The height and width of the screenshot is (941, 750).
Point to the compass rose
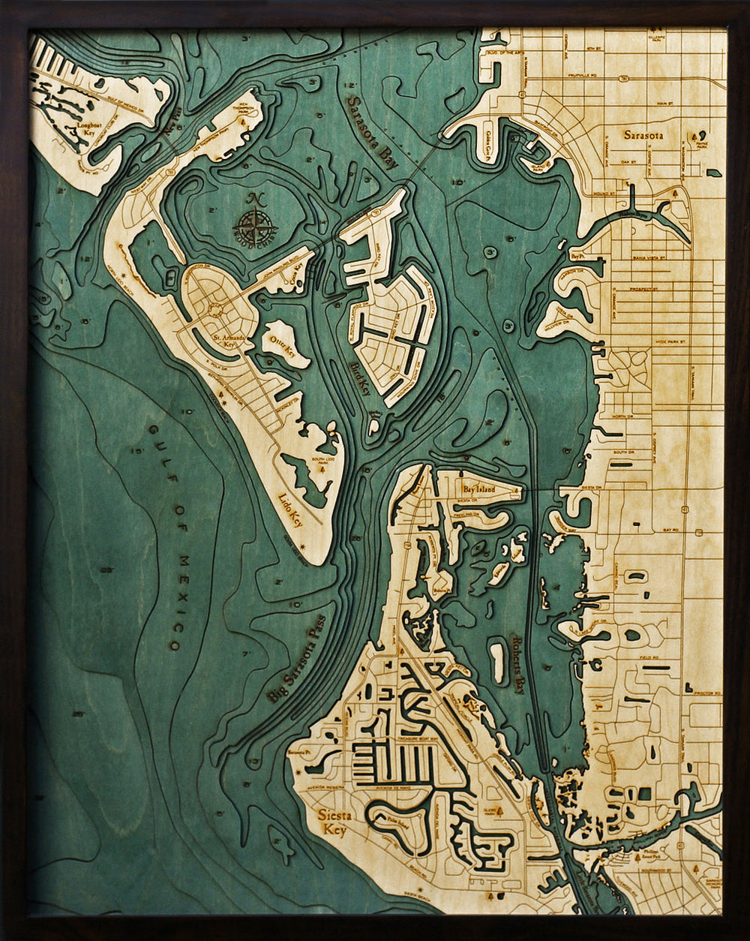coord(255,224)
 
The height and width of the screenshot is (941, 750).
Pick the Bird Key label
coord(361,372)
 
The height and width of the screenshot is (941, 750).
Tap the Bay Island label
coord(477,489)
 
